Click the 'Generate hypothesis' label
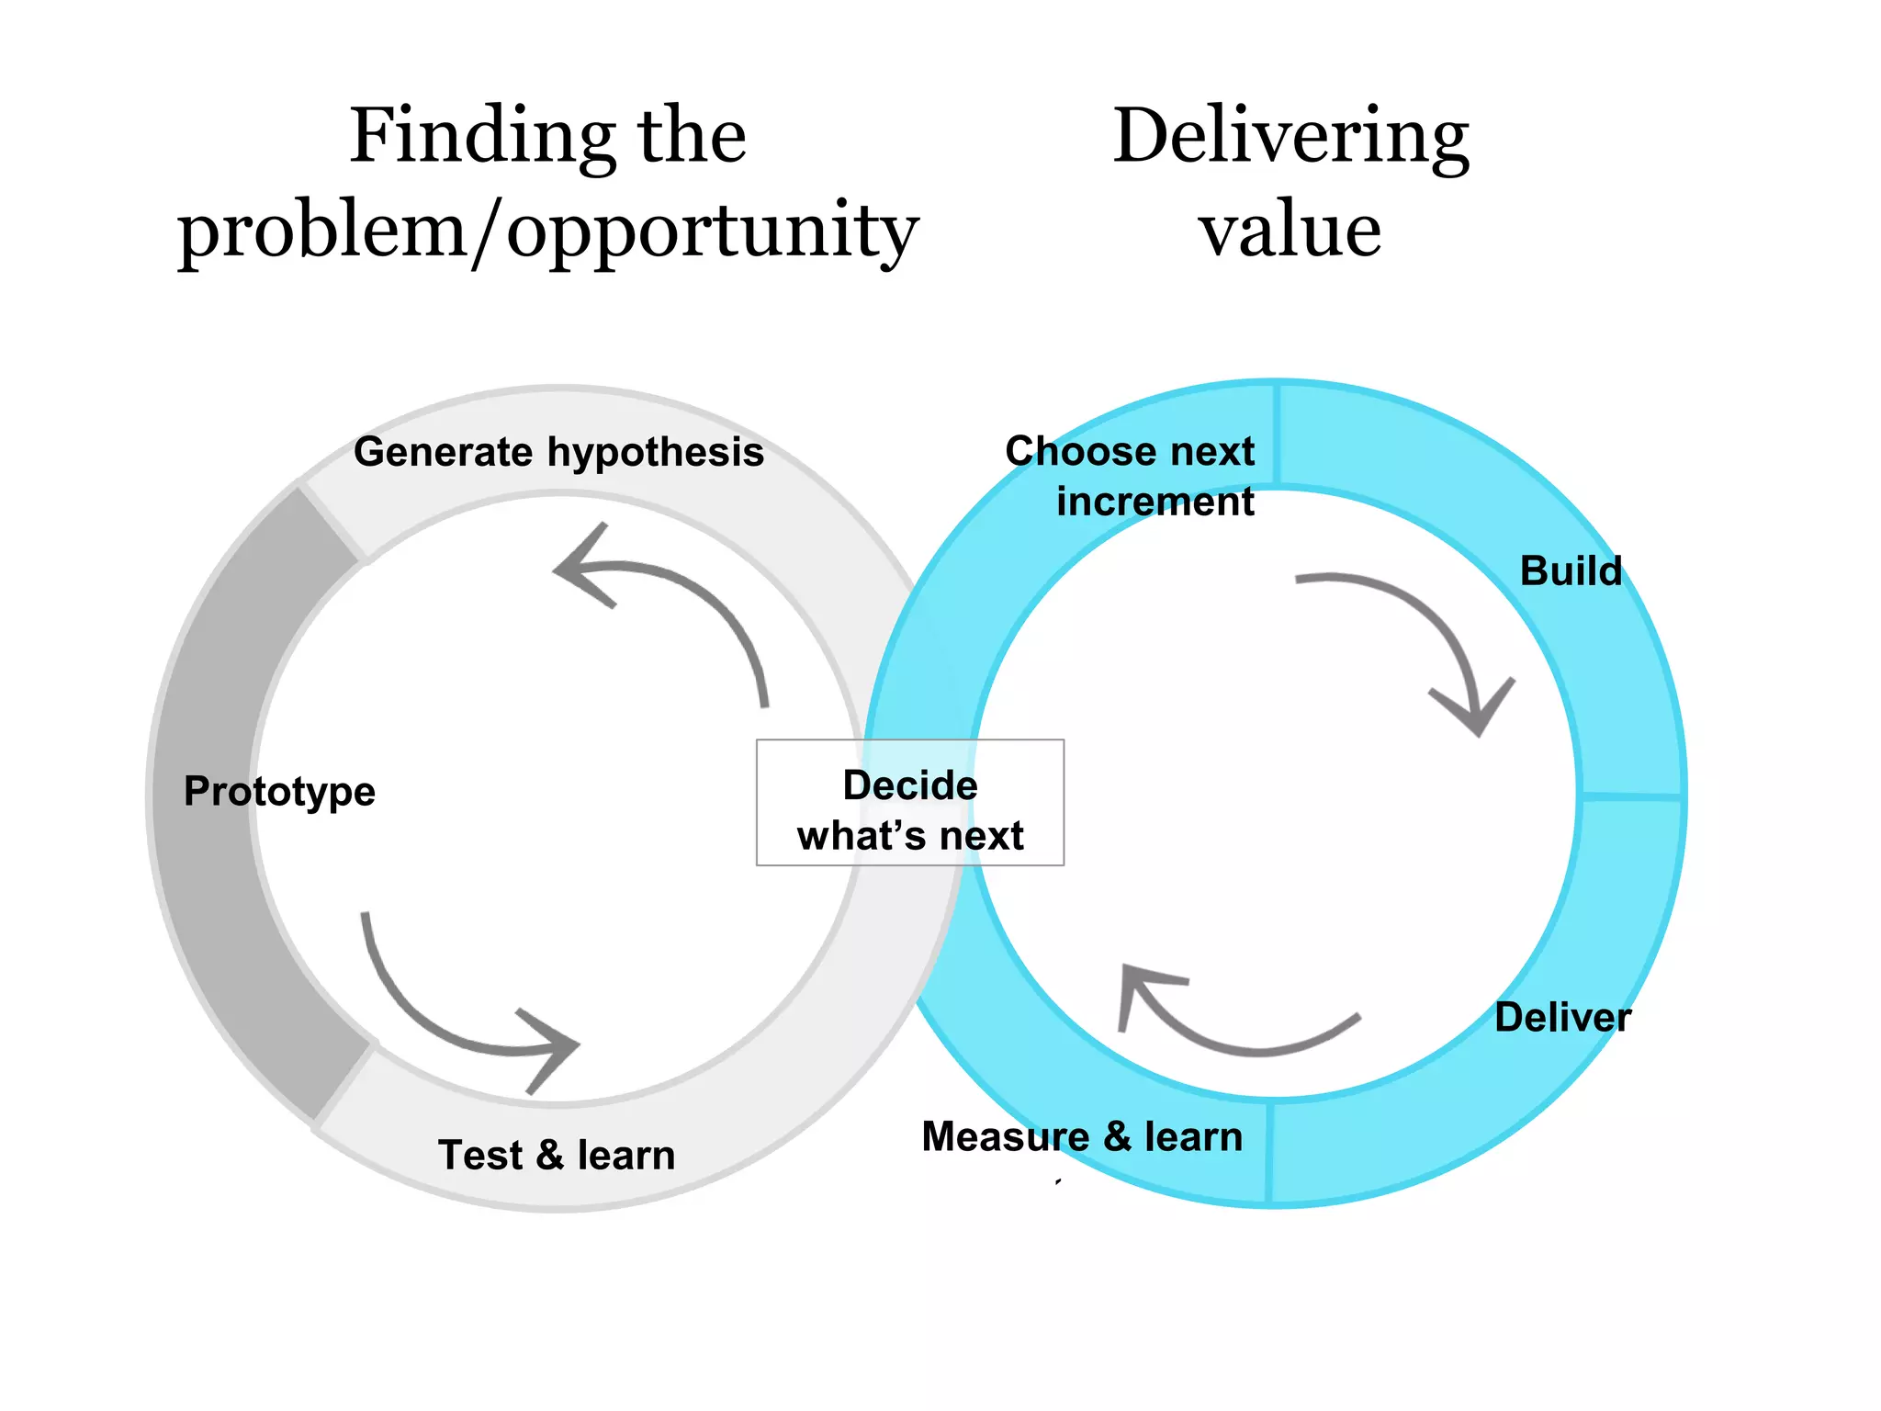(x=558, y=452)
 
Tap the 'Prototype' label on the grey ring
(x=279, y=791)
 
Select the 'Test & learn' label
(x=557, y=1155)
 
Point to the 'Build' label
(x=1571, y=570)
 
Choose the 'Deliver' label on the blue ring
(x=1562, y=1017)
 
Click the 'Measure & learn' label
(x=1082, y=1136)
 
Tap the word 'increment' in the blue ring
(x=1155, y=502)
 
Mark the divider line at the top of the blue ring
(x=1277, y=434)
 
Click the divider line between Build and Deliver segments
(x=1631, y=795)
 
